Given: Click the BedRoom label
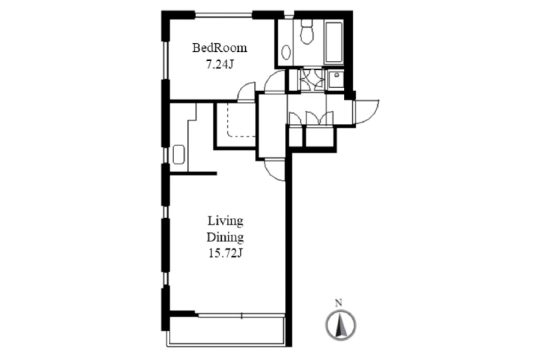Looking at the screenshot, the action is (220, 48).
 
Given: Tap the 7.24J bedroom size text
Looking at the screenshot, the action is (220, 64).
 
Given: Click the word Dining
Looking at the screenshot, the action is (225, 237).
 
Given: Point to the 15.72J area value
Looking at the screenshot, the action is (225, 253).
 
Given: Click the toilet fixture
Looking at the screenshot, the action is (307, 32).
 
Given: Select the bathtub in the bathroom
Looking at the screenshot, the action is (334, 43).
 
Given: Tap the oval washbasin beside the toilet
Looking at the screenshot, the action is (286, 52).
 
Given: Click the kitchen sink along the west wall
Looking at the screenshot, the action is (179, 154).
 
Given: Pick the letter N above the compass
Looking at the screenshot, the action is (339, 303).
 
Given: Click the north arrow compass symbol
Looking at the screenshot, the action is (341, 325).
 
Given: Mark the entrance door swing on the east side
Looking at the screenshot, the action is (366, 112).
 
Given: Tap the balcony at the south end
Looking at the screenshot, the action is (226, 332).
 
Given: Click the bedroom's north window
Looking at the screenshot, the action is (224, 15).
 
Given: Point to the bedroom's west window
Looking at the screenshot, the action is (166, 60).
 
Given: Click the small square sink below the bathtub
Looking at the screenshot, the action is (336, 79).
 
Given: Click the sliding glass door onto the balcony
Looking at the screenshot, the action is (242, 315).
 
